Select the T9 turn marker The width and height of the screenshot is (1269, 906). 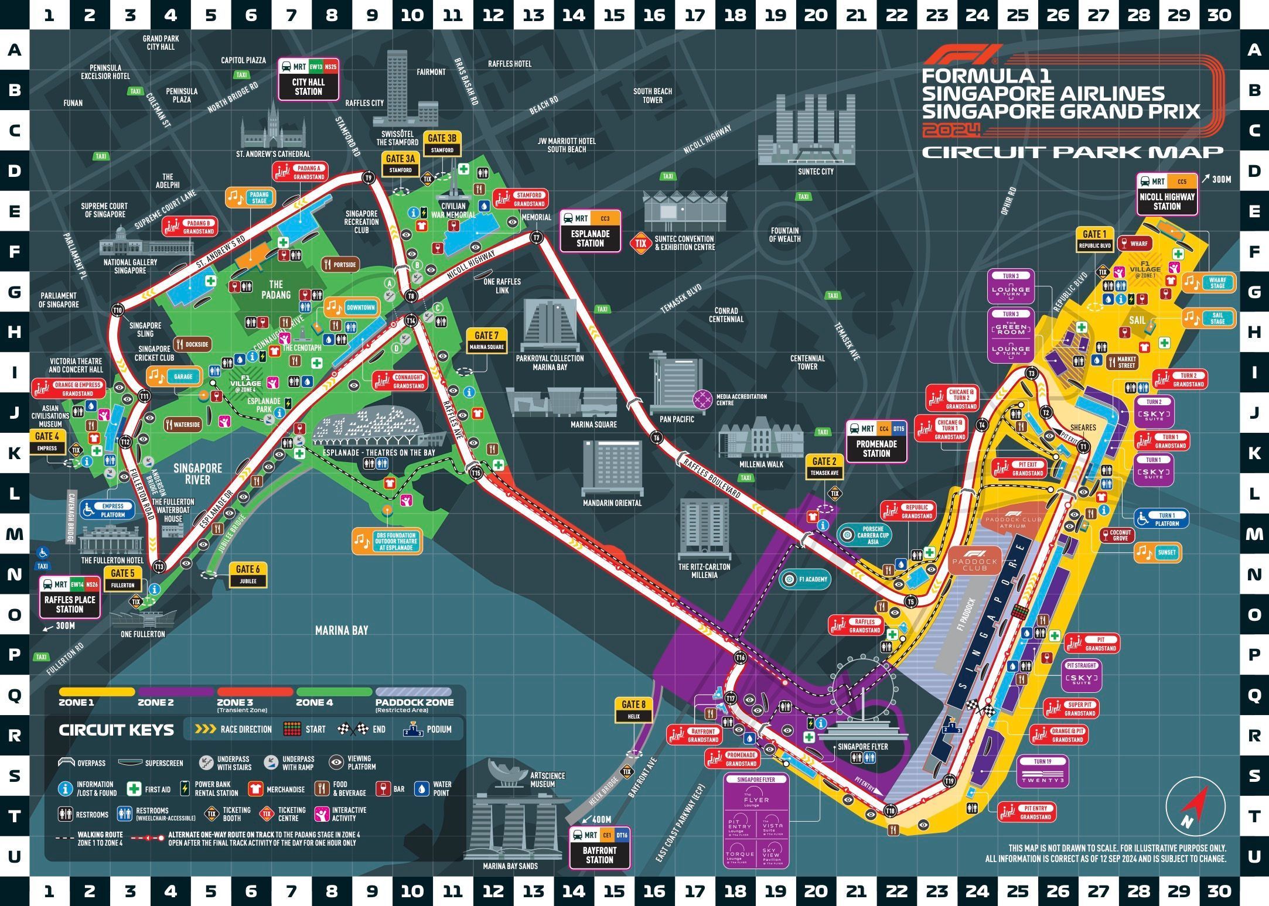coord(369,177)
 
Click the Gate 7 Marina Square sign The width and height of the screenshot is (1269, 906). coord(486,340)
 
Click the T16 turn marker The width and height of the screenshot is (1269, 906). coord(741,658)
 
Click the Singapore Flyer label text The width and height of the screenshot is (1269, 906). coord(862,747)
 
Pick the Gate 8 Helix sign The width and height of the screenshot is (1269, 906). coord(633,710)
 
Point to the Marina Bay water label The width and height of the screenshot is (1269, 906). coord(342,630)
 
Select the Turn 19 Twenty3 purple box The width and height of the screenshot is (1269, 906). coord(1043,772)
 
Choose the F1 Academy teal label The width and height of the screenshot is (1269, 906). coord(807,579)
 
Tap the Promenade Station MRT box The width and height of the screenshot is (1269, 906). coord(876,442)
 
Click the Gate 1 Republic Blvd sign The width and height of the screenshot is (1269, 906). coord(1094,240)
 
